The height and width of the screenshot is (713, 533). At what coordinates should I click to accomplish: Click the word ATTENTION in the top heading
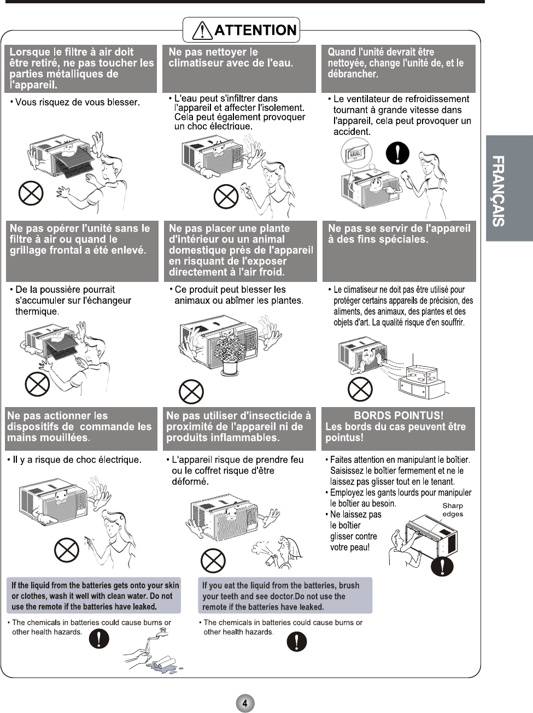(x=255, y=30)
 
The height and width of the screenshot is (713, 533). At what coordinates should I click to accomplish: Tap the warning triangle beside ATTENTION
(x=202, y=31)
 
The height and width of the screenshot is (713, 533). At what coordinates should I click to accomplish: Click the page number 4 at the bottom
(x=245, y=703)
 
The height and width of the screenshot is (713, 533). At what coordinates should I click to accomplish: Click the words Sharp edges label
(x=453, y=510)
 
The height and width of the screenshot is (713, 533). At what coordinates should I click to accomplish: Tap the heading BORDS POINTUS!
(x=399, y=416)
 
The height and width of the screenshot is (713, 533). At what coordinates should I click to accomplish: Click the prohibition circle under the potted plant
(x=191, y=391)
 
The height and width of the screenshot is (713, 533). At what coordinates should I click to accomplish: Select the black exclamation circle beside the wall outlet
(x=397, y=153)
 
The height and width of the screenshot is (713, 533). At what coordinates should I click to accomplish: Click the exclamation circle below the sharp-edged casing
(x=442, y=566)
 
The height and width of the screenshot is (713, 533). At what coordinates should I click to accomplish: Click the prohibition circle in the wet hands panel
(x=66, y=549)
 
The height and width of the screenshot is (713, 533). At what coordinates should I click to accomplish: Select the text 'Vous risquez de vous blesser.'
(x=77, y=102)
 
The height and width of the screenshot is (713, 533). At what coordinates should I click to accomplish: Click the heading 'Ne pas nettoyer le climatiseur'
(x=231, y=57)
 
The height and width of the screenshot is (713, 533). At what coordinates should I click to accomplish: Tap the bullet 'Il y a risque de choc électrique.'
(x=77, y=460)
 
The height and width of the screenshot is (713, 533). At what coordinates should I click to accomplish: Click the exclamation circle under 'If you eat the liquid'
(x=296, y=641)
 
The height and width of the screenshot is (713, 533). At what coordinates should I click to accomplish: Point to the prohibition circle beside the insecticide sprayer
(x=213, y=560)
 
